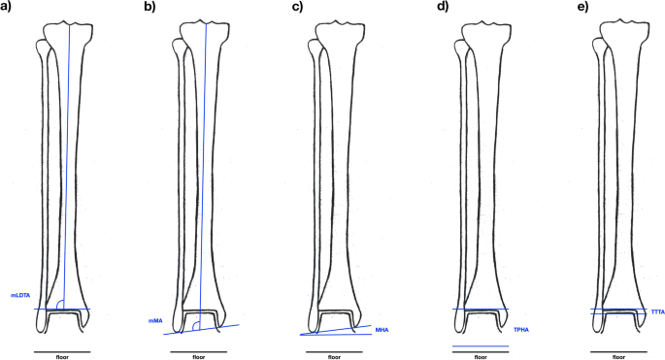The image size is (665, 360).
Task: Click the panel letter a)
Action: [x=12, y=7]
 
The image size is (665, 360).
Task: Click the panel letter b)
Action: [x=149, y=7]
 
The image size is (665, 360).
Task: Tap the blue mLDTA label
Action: [x=21, y=296]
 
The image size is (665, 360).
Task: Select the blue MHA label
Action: [x=382, y=330]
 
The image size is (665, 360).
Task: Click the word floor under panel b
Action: [x=200, y=356]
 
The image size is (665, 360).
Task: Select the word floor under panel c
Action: [x=335, y=356]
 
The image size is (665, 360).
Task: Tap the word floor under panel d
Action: [x=481, y=356]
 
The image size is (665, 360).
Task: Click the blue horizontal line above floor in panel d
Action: [x=481, y=345]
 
